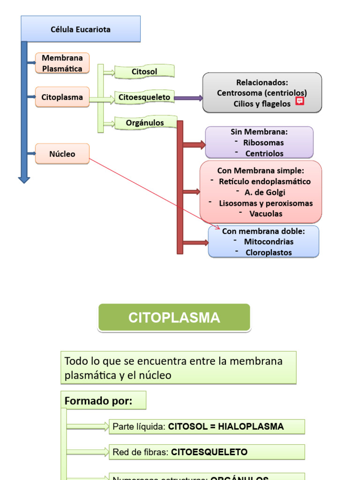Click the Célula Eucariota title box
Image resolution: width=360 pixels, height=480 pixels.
[x=81, y=29]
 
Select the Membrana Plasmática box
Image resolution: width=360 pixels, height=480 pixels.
[x=62, y=63]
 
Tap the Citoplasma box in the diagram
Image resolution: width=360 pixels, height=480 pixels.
[x=62, y=97]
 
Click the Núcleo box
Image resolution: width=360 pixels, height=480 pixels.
[x=62, y=154]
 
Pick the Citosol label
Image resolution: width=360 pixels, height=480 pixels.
[x=144, y=72]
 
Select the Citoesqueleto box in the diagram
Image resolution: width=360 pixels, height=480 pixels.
[x=144, y=97]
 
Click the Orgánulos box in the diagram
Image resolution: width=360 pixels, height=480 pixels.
[x=145, y=123]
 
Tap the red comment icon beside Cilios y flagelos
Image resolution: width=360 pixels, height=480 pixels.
[x=300, y=101]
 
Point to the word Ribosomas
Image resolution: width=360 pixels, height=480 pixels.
[x=263, y=142]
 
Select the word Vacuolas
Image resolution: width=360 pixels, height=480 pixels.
[x=266, y=214]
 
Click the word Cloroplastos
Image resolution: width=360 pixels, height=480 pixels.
[x=269, y=253]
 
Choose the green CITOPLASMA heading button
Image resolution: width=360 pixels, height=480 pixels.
[x=174, y=317]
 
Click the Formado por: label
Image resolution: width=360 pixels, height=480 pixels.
[x=98, y=401]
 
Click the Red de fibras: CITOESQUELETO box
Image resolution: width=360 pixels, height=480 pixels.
[x=206, y=452]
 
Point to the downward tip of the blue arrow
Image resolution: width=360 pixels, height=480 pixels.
[x=24, y=181]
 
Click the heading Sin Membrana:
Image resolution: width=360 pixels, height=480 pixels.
[x=259, y=132]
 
